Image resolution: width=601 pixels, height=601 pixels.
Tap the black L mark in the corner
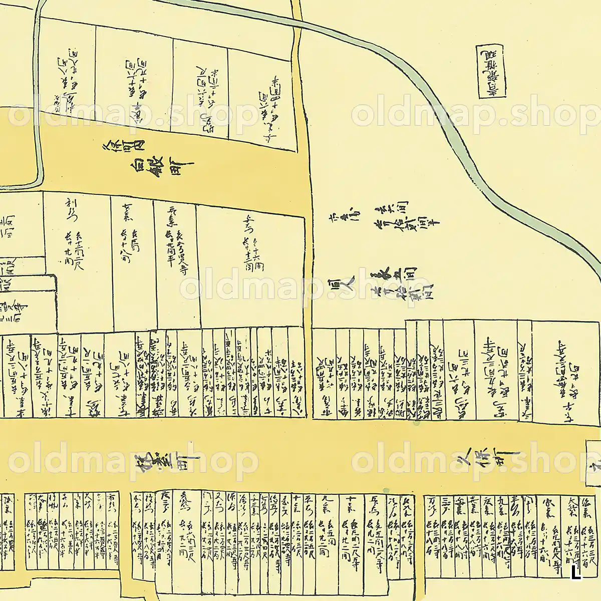click(x=576, y=572)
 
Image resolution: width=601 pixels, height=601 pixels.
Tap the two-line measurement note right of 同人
click(x=401, y=280)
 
